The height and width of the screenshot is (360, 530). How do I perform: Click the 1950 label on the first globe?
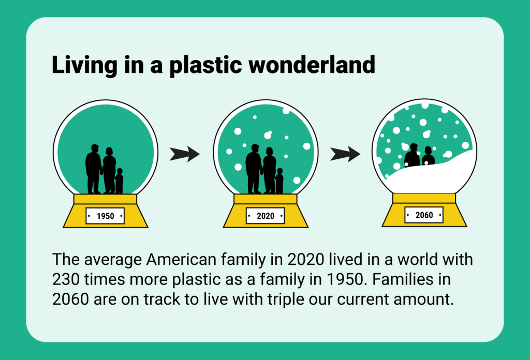[x=105, y=216]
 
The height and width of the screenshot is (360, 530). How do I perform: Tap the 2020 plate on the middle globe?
[x=266, y=216]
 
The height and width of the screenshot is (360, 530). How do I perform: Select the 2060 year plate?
[x=424, y=215]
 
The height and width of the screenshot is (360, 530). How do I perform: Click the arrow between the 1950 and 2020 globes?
[x=185, y=154]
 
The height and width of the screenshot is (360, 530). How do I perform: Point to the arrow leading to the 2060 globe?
[x=345, y=154]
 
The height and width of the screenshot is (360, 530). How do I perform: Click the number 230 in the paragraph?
[x=66, y=280]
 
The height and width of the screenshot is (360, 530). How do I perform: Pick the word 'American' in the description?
[x=181, y=260]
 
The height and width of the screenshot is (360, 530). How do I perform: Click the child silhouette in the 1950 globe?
[x=119, y=181]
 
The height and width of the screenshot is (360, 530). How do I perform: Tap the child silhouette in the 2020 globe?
[x=279, y=181]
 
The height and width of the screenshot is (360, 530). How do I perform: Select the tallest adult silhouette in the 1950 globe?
[x=93, y=169]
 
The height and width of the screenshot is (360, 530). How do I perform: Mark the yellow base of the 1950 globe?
[x=106, y=211]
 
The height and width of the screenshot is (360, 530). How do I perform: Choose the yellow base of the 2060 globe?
[x=424, y=209]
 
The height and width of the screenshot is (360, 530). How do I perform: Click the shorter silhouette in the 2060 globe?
[x=428, y=156]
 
